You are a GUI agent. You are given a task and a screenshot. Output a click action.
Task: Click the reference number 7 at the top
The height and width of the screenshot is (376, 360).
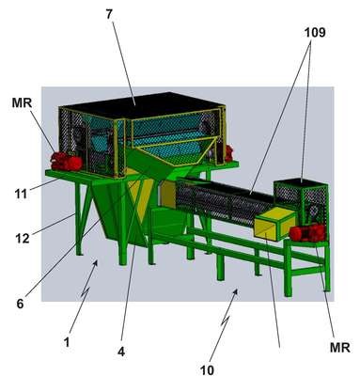click(109, 14)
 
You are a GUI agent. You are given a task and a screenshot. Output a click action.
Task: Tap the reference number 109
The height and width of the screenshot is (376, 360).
click(315, 32)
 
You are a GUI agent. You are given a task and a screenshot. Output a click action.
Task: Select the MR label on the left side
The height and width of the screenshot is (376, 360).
click(22, 102)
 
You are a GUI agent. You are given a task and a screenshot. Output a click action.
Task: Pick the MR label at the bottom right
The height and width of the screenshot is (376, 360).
click(340, 347)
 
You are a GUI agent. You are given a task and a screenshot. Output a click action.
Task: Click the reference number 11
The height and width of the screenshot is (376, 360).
click(21, 195)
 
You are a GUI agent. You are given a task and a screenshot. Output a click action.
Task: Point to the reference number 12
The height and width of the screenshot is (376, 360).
click(23, 239)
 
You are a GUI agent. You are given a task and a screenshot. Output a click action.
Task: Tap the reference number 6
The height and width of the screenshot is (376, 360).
click(20, 304)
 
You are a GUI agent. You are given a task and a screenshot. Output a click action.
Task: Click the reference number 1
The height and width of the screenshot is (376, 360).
click(67, 342)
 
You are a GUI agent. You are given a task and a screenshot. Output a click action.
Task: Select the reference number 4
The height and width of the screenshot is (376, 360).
click(121, 352)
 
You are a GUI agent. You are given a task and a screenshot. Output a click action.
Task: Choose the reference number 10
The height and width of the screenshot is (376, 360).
click(207, 370)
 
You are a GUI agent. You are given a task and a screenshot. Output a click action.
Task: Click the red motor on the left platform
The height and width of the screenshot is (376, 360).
click(67, 162)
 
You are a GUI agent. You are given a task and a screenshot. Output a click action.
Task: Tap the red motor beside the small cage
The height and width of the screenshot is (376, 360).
click(308, 233)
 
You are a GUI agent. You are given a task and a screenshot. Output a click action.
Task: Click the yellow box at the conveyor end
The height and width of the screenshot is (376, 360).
click(274, 225)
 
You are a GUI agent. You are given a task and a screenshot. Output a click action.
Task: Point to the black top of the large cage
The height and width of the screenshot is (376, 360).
click(141, 105)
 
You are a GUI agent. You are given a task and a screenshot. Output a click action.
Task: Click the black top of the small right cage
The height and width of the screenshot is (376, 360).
click(299, 181)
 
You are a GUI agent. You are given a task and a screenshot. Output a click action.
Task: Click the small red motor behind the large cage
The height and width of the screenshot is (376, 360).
click(228, 153)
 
